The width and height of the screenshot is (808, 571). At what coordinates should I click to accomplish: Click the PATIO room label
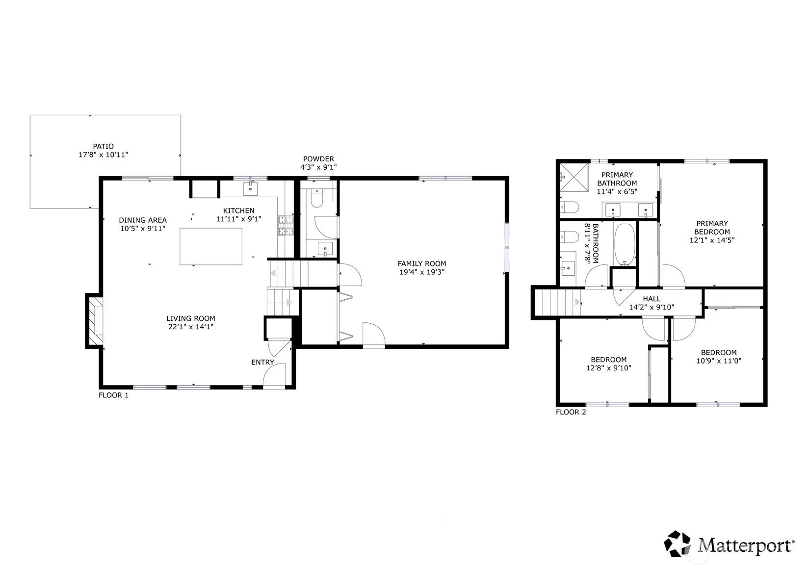tap(103, 147)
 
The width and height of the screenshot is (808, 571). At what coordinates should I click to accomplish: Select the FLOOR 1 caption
tap(113, 395)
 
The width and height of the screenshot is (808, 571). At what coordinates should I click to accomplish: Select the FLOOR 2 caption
tap(571, 412)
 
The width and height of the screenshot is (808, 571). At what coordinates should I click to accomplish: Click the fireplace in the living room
tap(95, 321)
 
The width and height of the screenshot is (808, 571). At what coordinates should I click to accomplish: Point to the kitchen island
tap(211, 247)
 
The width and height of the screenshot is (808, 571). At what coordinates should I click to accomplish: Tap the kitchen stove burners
tap(286, 226)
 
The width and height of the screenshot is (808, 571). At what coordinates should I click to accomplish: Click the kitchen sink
tap(250, 189)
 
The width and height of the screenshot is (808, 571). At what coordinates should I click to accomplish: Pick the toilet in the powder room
tap(316, 198)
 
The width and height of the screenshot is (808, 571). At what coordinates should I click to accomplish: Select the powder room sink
tap(325, 249)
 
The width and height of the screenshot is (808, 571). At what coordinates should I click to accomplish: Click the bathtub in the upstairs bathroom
tap(625, 245)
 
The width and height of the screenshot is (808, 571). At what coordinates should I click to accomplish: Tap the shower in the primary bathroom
tap(574, 178)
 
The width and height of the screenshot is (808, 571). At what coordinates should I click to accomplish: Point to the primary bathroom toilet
tap(570, 208)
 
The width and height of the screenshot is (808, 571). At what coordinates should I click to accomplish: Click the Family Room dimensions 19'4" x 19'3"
tap(422, 272)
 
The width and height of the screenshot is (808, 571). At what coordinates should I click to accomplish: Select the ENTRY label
tap(262, 363)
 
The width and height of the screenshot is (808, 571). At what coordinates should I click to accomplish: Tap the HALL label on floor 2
tap(652, 299)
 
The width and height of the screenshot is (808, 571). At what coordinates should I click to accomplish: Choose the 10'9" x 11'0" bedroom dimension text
tap(719, 361)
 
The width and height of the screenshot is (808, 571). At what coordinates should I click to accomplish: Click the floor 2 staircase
tap(558, 302)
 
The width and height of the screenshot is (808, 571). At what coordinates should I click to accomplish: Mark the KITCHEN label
tap(238, 210)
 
